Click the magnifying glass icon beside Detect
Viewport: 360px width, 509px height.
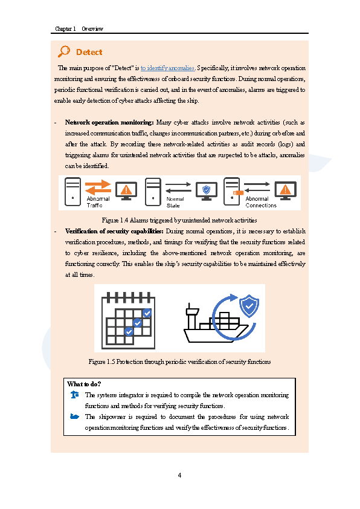tap(64, 51)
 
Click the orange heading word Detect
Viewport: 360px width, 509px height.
tap(89, 52)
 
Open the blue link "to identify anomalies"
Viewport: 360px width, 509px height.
tap(167, 68)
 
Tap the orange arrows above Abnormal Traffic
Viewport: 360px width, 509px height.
tap(98, 187)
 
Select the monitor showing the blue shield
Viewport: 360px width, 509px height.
tap(207, 190)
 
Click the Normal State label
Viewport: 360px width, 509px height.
tap(175, 202)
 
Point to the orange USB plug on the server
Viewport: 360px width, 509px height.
tap(238, 193)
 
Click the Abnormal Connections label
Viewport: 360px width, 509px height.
tap(261, 202)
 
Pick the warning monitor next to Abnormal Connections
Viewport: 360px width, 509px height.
tap(286, 190)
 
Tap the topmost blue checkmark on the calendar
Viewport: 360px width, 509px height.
tap(147, 313)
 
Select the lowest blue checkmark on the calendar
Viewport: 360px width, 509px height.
tap(129, 331)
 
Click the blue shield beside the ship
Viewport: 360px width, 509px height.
tap(249, 305)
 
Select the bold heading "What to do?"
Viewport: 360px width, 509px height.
tap(84, 384)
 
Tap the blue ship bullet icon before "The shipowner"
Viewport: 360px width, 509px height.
tap(74, 417)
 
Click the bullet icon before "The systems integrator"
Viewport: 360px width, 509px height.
tap(74, 395)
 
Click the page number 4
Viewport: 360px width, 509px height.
tap(179, 475)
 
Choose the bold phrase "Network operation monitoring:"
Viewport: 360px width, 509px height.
tap(109, 122)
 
